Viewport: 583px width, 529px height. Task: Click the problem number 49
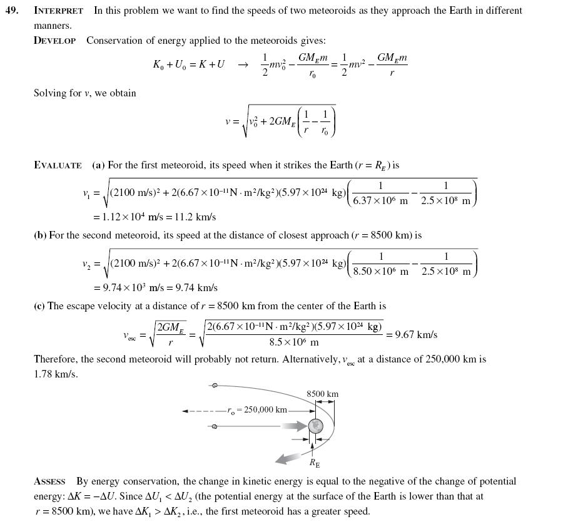[12, 11]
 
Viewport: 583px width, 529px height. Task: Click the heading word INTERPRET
[58, 11]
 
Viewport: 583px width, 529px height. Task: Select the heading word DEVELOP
[54, 41]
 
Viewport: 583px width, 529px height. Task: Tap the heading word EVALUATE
[58, 165]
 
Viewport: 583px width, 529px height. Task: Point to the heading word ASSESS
[49, 481]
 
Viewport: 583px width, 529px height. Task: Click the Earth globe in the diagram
[316, 426]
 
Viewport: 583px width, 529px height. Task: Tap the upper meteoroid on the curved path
[215, 386]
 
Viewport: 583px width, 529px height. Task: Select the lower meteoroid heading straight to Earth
[215, 426]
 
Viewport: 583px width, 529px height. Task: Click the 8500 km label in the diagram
[322, 394]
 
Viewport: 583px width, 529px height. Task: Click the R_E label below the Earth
[314, 463]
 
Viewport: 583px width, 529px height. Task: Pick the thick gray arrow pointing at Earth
[294, 426]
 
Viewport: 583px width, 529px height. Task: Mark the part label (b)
[40, 235]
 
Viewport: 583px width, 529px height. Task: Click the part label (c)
[39, 306]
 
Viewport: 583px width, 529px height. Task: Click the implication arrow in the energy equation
[243, 64]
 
